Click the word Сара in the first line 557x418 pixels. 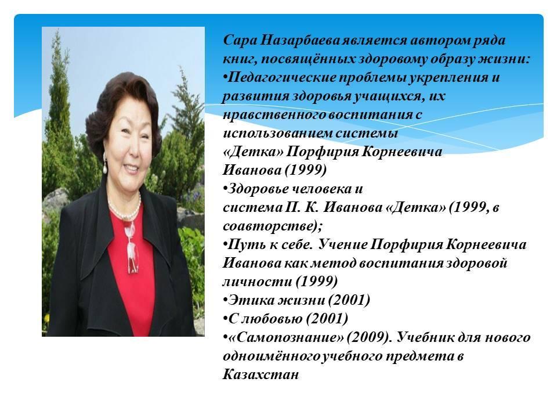point(240,40)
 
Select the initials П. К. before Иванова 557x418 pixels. point(302,207)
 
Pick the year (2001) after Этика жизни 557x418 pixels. point(349,300)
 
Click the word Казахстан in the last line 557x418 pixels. point(261,374)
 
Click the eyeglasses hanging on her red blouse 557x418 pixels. point(132,249)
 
